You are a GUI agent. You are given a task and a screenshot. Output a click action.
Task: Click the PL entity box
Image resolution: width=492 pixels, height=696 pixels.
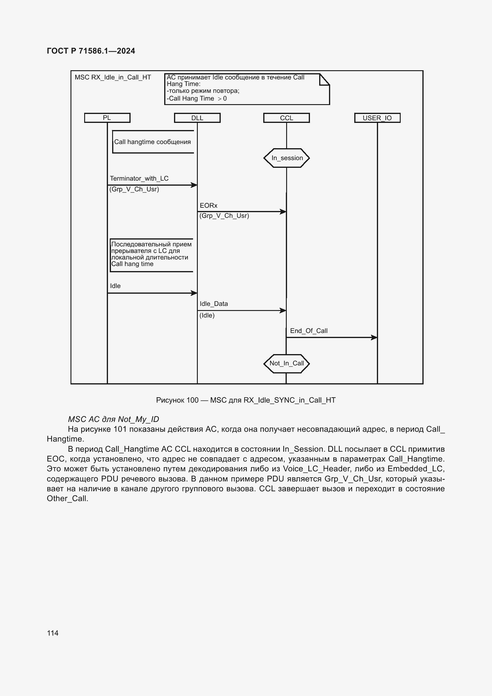[x=107, y=118]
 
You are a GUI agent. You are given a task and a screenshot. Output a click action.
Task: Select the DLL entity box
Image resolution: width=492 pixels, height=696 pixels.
[x=197, y=118]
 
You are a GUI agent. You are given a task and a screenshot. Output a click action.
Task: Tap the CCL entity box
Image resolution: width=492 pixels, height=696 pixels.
[x=286, y=118]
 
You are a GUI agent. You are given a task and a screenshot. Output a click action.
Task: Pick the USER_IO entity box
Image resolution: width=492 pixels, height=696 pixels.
[x=377, y=118]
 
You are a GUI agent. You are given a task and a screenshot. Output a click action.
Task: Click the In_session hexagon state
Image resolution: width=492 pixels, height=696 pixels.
[x=286, y=158]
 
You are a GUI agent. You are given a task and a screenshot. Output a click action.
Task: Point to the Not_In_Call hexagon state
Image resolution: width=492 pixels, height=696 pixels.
[x=286, y=363]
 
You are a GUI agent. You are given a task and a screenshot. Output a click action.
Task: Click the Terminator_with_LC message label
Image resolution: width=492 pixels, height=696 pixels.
[x=139, y=179]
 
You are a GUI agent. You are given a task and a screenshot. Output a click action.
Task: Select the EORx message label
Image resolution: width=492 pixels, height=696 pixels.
[x=209, y=206]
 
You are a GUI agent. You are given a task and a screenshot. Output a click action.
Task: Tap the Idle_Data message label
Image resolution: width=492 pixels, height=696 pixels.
[x=214, y=304]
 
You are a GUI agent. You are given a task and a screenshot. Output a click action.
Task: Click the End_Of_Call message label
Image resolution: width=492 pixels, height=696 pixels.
[x=309, y=331]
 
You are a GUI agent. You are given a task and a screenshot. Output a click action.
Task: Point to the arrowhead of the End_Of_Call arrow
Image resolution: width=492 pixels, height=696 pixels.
[x=375, y=337]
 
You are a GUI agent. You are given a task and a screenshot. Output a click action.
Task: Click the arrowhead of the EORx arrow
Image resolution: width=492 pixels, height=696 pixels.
[x=283, y=212]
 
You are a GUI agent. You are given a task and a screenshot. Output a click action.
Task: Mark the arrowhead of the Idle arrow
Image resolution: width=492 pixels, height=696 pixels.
[x=194, y=293]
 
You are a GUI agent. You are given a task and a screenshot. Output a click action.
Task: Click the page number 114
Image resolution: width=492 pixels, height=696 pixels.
[x=53, y=633]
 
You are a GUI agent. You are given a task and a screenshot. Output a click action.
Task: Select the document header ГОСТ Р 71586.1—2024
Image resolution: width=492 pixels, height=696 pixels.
[x=91, y=51]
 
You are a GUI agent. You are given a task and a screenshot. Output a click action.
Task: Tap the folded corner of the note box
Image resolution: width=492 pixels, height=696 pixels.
[x=325, y=79]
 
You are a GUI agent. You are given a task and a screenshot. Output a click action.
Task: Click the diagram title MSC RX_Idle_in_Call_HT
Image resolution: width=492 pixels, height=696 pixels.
[x=113, y=77]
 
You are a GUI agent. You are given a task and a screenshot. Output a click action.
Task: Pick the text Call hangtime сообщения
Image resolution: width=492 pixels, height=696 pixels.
[x=152, y=142]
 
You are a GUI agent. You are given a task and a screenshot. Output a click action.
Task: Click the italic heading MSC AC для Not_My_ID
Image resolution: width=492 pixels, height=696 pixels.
[x=113, y=419]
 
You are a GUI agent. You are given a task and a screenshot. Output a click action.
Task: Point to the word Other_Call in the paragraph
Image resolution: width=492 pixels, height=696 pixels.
[x=67, y=499]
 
